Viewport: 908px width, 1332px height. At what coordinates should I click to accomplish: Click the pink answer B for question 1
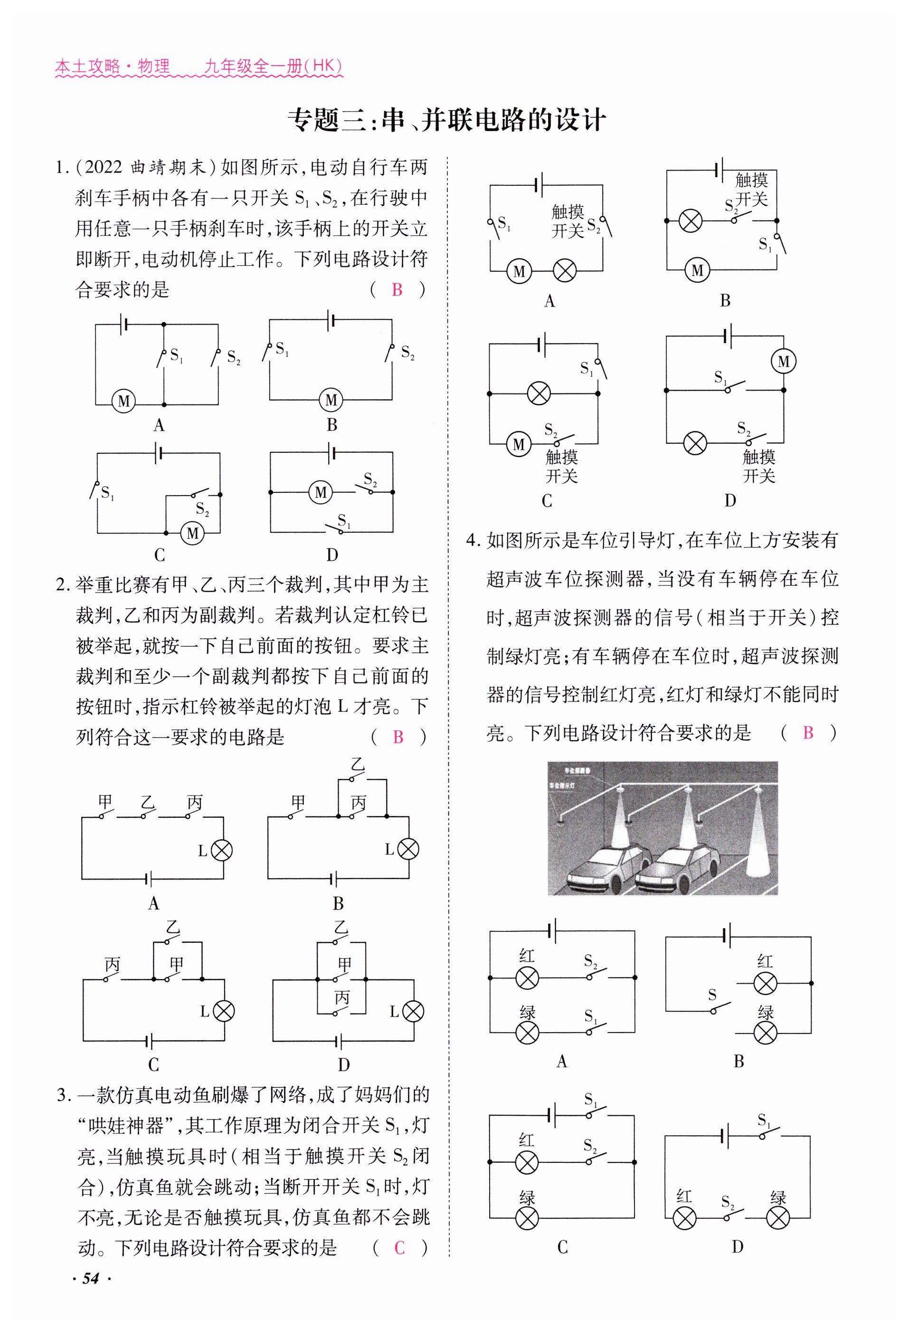coord(397,289)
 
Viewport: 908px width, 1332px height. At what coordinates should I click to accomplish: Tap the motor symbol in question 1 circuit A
coord(124,401)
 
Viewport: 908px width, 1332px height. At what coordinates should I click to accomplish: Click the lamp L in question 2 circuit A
coord(222,851)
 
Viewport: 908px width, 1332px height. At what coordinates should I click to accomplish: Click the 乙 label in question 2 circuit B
coord(358,764)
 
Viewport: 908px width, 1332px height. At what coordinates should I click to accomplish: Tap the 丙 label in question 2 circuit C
coord(112,965)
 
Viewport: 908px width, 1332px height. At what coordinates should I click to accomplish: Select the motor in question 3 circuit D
coord(783,362)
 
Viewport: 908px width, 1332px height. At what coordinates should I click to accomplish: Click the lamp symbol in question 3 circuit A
coord(565,271)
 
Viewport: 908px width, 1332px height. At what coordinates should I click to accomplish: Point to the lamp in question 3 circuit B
coord(690,220)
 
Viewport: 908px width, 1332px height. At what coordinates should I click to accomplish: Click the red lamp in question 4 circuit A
coord(527,978)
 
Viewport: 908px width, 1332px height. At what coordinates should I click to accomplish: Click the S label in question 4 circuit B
coord(711,995)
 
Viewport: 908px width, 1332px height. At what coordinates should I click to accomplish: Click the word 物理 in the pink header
coord(153,67)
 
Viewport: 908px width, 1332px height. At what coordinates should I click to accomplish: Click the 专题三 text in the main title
coord(327,120)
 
